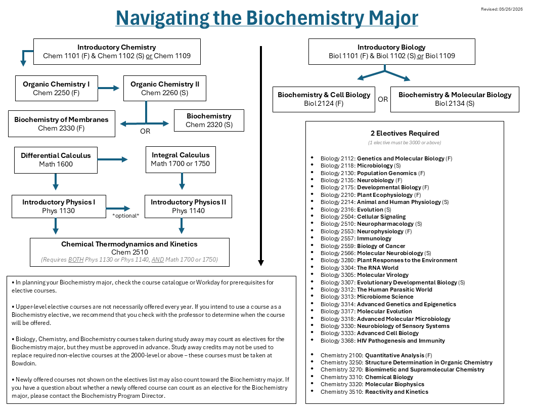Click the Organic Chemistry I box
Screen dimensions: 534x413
57,88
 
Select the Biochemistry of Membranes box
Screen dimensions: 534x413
62,123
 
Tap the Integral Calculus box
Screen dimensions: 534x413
181,159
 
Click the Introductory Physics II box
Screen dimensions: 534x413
188,206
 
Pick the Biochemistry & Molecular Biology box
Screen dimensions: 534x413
455,99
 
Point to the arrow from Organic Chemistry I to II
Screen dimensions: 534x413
109,88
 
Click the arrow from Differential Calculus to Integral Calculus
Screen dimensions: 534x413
112,159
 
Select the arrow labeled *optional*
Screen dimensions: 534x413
118,208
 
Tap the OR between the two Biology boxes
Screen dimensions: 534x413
383,99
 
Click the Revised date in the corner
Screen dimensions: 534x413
502,9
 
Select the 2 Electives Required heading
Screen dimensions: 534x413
405,133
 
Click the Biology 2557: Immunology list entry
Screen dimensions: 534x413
356,238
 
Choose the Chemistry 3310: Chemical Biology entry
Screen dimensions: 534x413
367,377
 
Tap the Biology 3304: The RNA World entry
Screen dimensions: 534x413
360,268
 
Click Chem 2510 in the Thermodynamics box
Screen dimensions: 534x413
130,252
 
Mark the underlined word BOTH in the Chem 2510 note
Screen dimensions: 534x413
76,260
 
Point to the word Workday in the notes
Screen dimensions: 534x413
208,282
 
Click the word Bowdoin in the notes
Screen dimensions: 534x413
23,363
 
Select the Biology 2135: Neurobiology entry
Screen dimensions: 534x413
362,180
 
